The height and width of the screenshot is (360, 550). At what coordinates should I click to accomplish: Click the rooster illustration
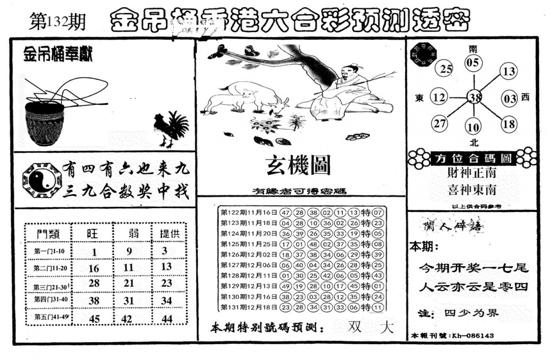(171, 128)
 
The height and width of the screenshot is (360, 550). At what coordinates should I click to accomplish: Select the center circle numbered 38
(475, 97)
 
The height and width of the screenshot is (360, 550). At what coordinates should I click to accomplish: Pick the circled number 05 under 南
(473, 63)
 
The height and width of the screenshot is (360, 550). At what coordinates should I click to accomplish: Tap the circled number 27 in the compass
(439, 124)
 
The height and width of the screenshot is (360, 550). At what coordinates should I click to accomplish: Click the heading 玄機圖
(298, 165)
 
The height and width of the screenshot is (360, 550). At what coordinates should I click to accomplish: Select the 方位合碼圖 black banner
(473, 158)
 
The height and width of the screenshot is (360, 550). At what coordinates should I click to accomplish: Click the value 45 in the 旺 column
(94, 319)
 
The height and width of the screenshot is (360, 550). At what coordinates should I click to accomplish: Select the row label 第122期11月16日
(249, 212)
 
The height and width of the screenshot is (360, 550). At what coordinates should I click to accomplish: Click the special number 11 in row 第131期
(377, 308)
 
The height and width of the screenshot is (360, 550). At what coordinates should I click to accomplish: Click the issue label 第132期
(58, 22)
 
